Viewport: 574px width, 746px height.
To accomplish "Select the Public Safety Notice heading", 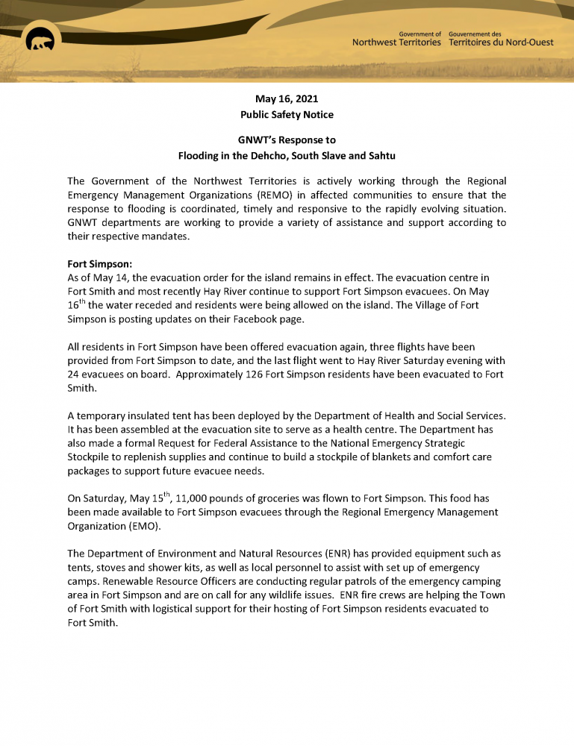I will (x=287, y=115).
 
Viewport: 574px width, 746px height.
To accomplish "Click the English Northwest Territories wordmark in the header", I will (x=396, y=43).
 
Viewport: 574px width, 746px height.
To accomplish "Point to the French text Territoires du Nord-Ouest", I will (x=502, y=43).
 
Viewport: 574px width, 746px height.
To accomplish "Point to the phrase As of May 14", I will (x=95, y=277).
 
